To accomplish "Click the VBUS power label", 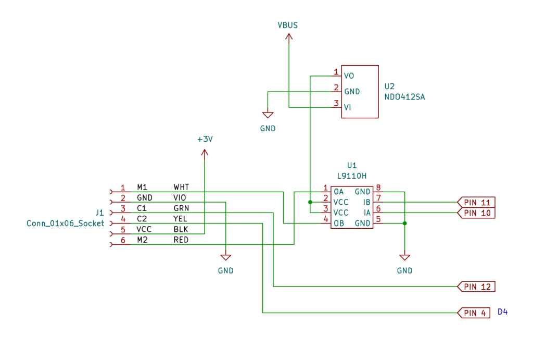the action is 287,25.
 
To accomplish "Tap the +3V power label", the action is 205,139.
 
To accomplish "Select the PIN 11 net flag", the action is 476,203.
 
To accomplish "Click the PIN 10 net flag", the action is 476,213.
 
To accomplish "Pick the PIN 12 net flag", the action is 476,287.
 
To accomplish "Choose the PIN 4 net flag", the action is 474,313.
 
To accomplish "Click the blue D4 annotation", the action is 502,312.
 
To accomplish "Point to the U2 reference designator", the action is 389,86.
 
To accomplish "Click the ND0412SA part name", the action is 404,97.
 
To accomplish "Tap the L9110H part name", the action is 352,176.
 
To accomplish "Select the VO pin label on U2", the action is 349,76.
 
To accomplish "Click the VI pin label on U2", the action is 347,107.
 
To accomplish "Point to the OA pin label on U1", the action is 338,192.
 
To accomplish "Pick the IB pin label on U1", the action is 366,203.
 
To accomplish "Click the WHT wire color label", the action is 181,187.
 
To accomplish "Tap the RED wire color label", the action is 181,240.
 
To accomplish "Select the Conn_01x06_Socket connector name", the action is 65,223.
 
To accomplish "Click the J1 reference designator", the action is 99,213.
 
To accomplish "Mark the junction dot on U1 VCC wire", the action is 310,202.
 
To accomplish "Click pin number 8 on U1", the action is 378,188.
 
